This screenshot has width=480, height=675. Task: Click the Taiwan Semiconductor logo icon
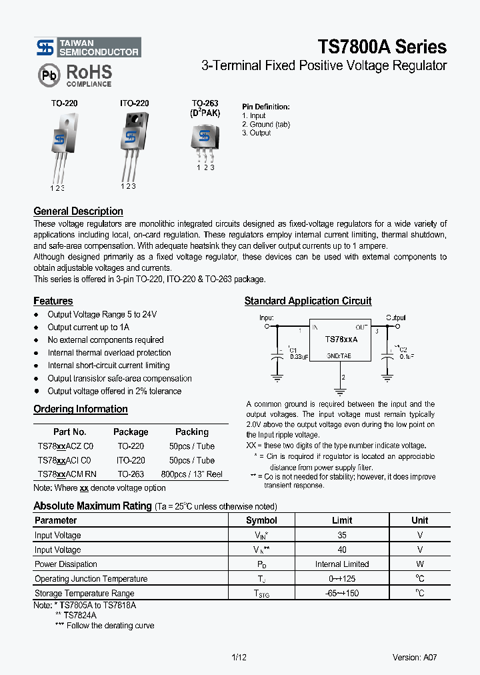click(45, 47)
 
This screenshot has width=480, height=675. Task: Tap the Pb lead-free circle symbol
click(48, 76)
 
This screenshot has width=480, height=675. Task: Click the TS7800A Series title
click(381, 47)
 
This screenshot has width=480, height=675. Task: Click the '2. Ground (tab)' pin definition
click(265, 124)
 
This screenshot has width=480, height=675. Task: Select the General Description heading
click(78, 211)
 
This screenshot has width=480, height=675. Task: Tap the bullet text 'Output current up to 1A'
click(88, 327)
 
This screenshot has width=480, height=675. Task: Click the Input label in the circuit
click(267, 318)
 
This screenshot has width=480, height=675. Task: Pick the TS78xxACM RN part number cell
click(67, 474)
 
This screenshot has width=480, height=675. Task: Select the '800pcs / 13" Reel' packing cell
click(191, 474)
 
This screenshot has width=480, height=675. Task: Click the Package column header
click(131, 432)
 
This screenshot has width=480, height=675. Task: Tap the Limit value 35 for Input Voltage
click(341, 535)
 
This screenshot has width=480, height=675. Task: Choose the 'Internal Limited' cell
click(341, 564)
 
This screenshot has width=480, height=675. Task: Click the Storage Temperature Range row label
click(84, 593)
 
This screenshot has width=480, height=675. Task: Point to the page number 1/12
click(239, 657)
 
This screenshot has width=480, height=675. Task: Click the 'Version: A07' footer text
click(415, 657)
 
